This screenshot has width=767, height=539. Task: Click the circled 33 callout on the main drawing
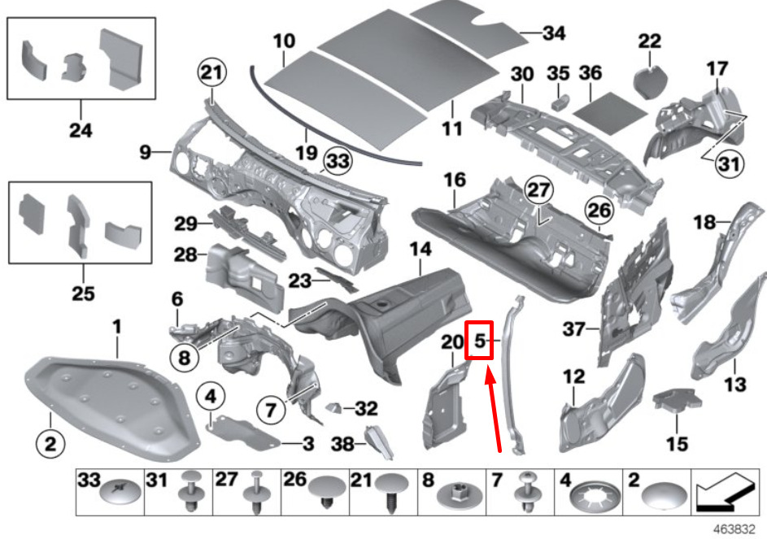(338, 162)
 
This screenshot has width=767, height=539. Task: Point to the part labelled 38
(375, 441)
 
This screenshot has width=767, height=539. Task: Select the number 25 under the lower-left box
(83, 293)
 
